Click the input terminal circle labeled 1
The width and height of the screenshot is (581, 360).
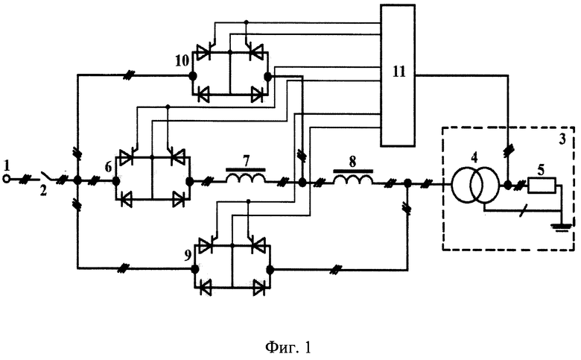pos(6,180)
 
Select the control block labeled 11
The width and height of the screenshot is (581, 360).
pos(398,75)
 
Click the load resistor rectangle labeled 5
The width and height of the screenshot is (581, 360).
pos(542,186)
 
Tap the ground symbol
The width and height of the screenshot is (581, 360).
pos(562,226)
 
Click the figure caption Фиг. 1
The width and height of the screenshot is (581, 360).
pos(288,347)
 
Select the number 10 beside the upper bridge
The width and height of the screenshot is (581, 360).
pos(182,60)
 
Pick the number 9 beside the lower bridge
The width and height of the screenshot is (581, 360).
pos(188,255)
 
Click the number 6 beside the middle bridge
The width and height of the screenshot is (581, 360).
pos(108,167)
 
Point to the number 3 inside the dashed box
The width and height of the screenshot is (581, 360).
pos(562,139)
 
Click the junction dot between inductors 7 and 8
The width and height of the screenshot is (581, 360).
pos(302,183)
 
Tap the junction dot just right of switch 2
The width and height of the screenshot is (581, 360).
pos(77,180)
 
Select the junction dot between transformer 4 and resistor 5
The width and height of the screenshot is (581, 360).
pos(507,184)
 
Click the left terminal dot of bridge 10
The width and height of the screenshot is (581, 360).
pos(193,76)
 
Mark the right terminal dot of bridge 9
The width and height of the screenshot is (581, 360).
pos(270,269)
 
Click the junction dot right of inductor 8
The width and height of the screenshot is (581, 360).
pos(407,183)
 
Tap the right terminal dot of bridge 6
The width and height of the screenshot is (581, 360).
pos(189,182)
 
